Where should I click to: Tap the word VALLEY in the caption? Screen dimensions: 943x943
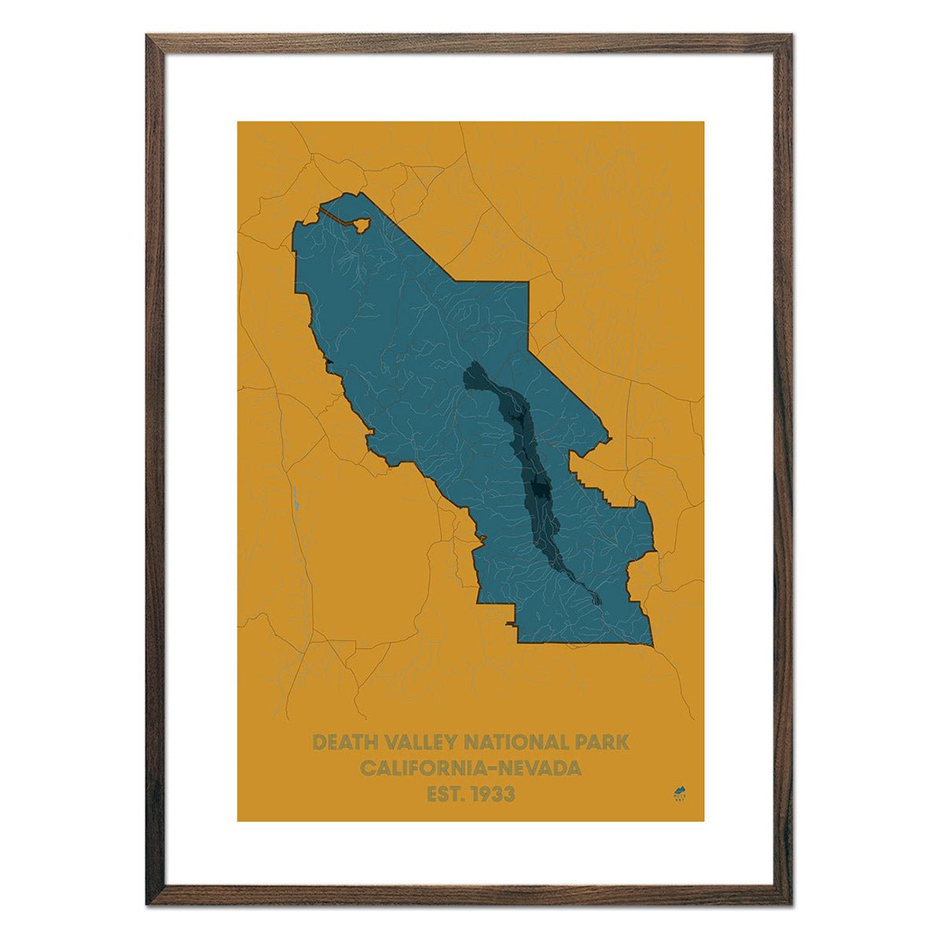(420, 743)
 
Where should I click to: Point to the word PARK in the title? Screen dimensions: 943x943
(602, 743)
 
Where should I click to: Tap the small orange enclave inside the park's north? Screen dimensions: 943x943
(361, 224)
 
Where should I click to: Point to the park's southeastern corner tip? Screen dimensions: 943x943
(652, 647)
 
